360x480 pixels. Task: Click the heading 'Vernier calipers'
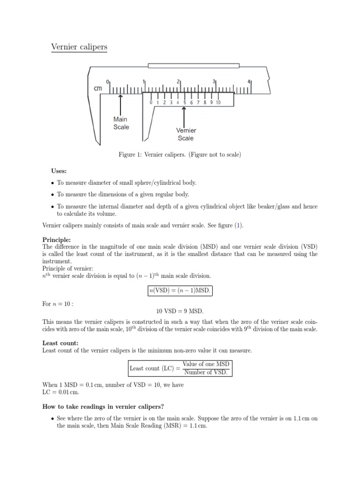(79, 47)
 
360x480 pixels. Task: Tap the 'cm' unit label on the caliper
(98, 88)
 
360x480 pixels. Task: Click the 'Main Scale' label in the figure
(121, 123)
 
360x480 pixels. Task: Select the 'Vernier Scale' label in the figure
(186, 134)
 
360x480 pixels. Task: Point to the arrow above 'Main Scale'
(121, 103)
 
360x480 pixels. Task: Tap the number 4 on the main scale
(249, 81)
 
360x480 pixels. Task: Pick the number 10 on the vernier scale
(218, 102)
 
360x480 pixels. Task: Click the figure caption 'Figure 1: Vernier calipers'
(180, 155)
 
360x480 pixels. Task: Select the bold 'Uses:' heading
(59, 171)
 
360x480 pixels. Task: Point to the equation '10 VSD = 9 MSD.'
(180, 310)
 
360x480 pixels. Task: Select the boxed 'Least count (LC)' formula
(180, 368)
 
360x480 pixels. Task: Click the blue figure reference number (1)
(239, 225)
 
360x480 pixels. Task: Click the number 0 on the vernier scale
(151, 102)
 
